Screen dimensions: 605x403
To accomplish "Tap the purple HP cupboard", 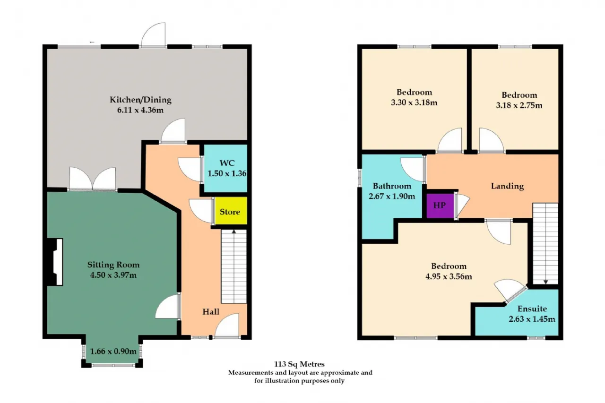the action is [440, 206].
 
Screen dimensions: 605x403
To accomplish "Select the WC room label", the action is [227, 163].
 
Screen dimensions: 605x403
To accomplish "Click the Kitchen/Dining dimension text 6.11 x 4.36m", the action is [140, 110].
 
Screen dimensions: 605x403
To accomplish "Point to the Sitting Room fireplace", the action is [55, 262].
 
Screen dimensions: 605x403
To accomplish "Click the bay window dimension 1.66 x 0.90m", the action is [113, 352].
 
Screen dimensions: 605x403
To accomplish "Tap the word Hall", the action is [211, 312].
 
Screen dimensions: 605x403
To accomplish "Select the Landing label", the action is [507, 186].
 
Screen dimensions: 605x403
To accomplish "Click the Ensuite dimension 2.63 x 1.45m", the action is [532, 319].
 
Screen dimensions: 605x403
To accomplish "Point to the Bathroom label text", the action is [392, 186].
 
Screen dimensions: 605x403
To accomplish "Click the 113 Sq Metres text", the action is [299, 364].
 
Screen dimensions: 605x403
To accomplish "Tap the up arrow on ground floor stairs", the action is [234, 232].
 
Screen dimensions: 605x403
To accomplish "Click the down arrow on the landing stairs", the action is [545, 282].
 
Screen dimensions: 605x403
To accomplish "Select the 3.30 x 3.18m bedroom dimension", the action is [414, 103].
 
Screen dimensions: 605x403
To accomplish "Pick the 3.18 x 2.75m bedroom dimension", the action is [519, 105].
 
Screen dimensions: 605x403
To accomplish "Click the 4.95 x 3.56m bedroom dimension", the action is [449, 276].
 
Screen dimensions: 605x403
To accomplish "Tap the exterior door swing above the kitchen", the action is [154, 34].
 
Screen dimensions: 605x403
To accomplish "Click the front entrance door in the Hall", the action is [227, 325].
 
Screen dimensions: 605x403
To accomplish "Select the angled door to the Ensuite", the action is [510, 291].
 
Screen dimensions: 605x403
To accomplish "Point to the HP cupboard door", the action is [462, 205].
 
